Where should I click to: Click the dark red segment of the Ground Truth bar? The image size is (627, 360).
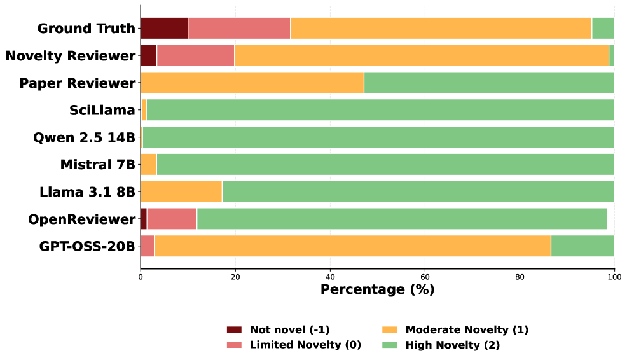[x=164, y=29]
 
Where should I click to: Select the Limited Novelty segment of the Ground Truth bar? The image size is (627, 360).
[x=239, y=29]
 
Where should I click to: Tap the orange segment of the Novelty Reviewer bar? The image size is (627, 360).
[x=422, y=56]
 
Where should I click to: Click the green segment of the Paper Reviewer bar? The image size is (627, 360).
[x=489, y=83]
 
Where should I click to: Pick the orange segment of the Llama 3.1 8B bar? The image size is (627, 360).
[x=181, y=191]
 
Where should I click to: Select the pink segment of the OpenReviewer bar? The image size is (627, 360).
[x=172, y=219]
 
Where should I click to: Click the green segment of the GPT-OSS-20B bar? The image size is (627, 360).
[x=582, y=246]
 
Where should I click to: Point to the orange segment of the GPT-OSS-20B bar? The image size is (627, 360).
[x=352, y=246]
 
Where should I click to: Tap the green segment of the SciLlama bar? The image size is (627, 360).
[x=380, y=110]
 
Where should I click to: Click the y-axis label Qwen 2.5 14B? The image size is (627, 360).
[x=85, y=137]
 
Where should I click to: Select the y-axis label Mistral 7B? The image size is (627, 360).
[x=98, y=165]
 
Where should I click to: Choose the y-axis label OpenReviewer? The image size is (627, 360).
[x=82, y=219]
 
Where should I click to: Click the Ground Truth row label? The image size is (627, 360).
[x=86, y=29]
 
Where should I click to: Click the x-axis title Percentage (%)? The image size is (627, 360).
[x=377, y=290]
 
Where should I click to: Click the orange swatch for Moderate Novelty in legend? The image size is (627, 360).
[x=389, y=330]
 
